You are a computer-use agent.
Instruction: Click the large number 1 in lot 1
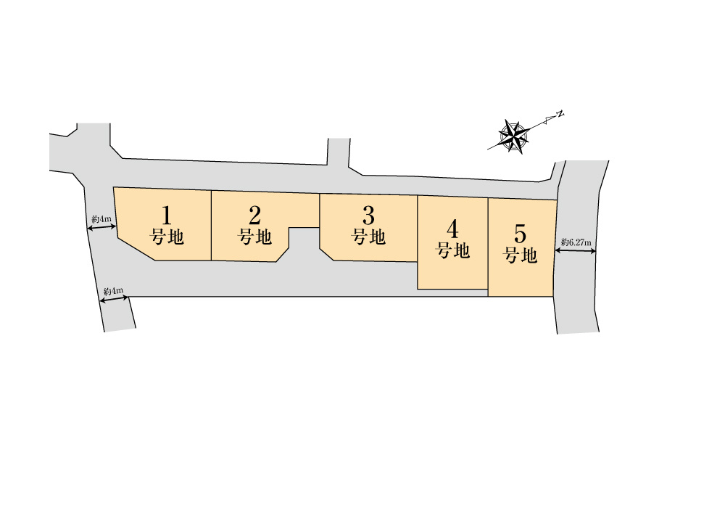(x=167, y=216)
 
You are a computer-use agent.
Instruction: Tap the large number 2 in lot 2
(x=254, y=216)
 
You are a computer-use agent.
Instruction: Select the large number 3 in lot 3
(x=368, y=216)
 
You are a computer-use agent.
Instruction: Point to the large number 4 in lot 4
(x=452, y=229)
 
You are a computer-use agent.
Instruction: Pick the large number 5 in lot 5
(x=520, y=234)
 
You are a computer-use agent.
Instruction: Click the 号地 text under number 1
(x=167, y=237)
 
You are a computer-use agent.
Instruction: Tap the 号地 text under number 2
(x=254, y=237)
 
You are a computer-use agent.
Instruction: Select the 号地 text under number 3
(x=368, y=237)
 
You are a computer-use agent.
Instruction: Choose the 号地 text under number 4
(x=452, y=251)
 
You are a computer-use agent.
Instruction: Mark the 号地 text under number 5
(x=520, y=255)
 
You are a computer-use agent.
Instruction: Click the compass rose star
(x=514, y=136)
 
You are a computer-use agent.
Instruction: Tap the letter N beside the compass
(x=560, y=113)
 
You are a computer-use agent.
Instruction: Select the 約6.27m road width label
(x=576, y=242)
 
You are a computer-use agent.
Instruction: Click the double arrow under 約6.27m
(x=575, y=251)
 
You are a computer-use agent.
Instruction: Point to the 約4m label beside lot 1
(x=101, y=219)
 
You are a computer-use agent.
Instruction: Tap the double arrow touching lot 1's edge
(x=101, y=227)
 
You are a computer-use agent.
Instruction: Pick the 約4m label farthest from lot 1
(x=113, y=291)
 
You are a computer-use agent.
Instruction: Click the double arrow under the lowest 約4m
(x=115, y=299)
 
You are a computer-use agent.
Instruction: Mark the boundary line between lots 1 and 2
(x=211, y=225)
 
